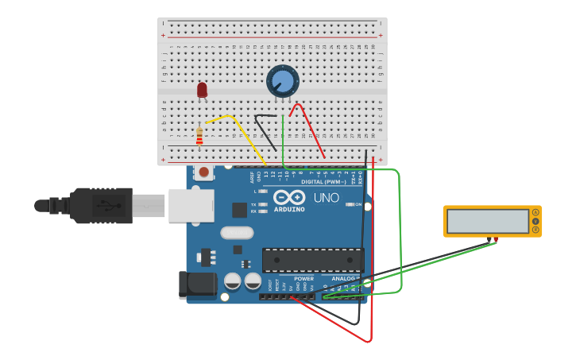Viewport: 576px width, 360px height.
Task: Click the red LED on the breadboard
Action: [202, 90]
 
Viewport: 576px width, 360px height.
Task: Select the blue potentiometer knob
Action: [282, 81]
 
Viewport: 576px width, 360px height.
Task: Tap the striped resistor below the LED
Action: [199, 137]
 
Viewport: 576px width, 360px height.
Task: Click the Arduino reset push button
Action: [204, 172]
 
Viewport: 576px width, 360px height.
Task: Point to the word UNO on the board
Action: [326, 197]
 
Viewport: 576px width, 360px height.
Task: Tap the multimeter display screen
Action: [488, 221]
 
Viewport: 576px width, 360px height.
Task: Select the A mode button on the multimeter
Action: [536, 212]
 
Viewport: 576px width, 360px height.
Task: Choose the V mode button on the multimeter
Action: [536, 221]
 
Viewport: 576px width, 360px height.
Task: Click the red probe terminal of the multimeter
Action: [496, 239]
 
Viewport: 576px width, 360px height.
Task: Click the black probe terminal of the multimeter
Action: [489, 239]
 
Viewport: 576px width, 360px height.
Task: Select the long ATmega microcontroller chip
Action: [313, 260]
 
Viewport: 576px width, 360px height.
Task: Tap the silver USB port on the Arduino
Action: [191, 206]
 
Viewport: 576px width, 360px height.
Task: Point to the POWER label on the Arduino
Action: [303, 279]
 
